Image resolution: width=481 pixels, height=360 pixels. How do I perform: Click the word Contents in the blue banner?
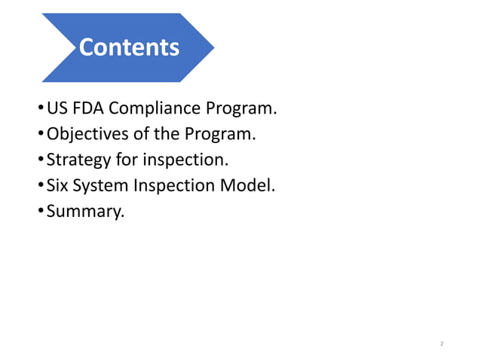[129, 47]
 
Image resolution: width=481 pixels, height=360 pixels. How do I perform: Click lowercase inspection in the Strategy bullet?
[179, 160]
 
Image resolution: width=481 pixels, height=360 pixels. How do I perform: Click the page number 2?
[442, 344]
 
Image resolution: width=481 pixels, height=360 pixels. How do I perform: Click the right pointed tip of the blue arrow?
[214, 47]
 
